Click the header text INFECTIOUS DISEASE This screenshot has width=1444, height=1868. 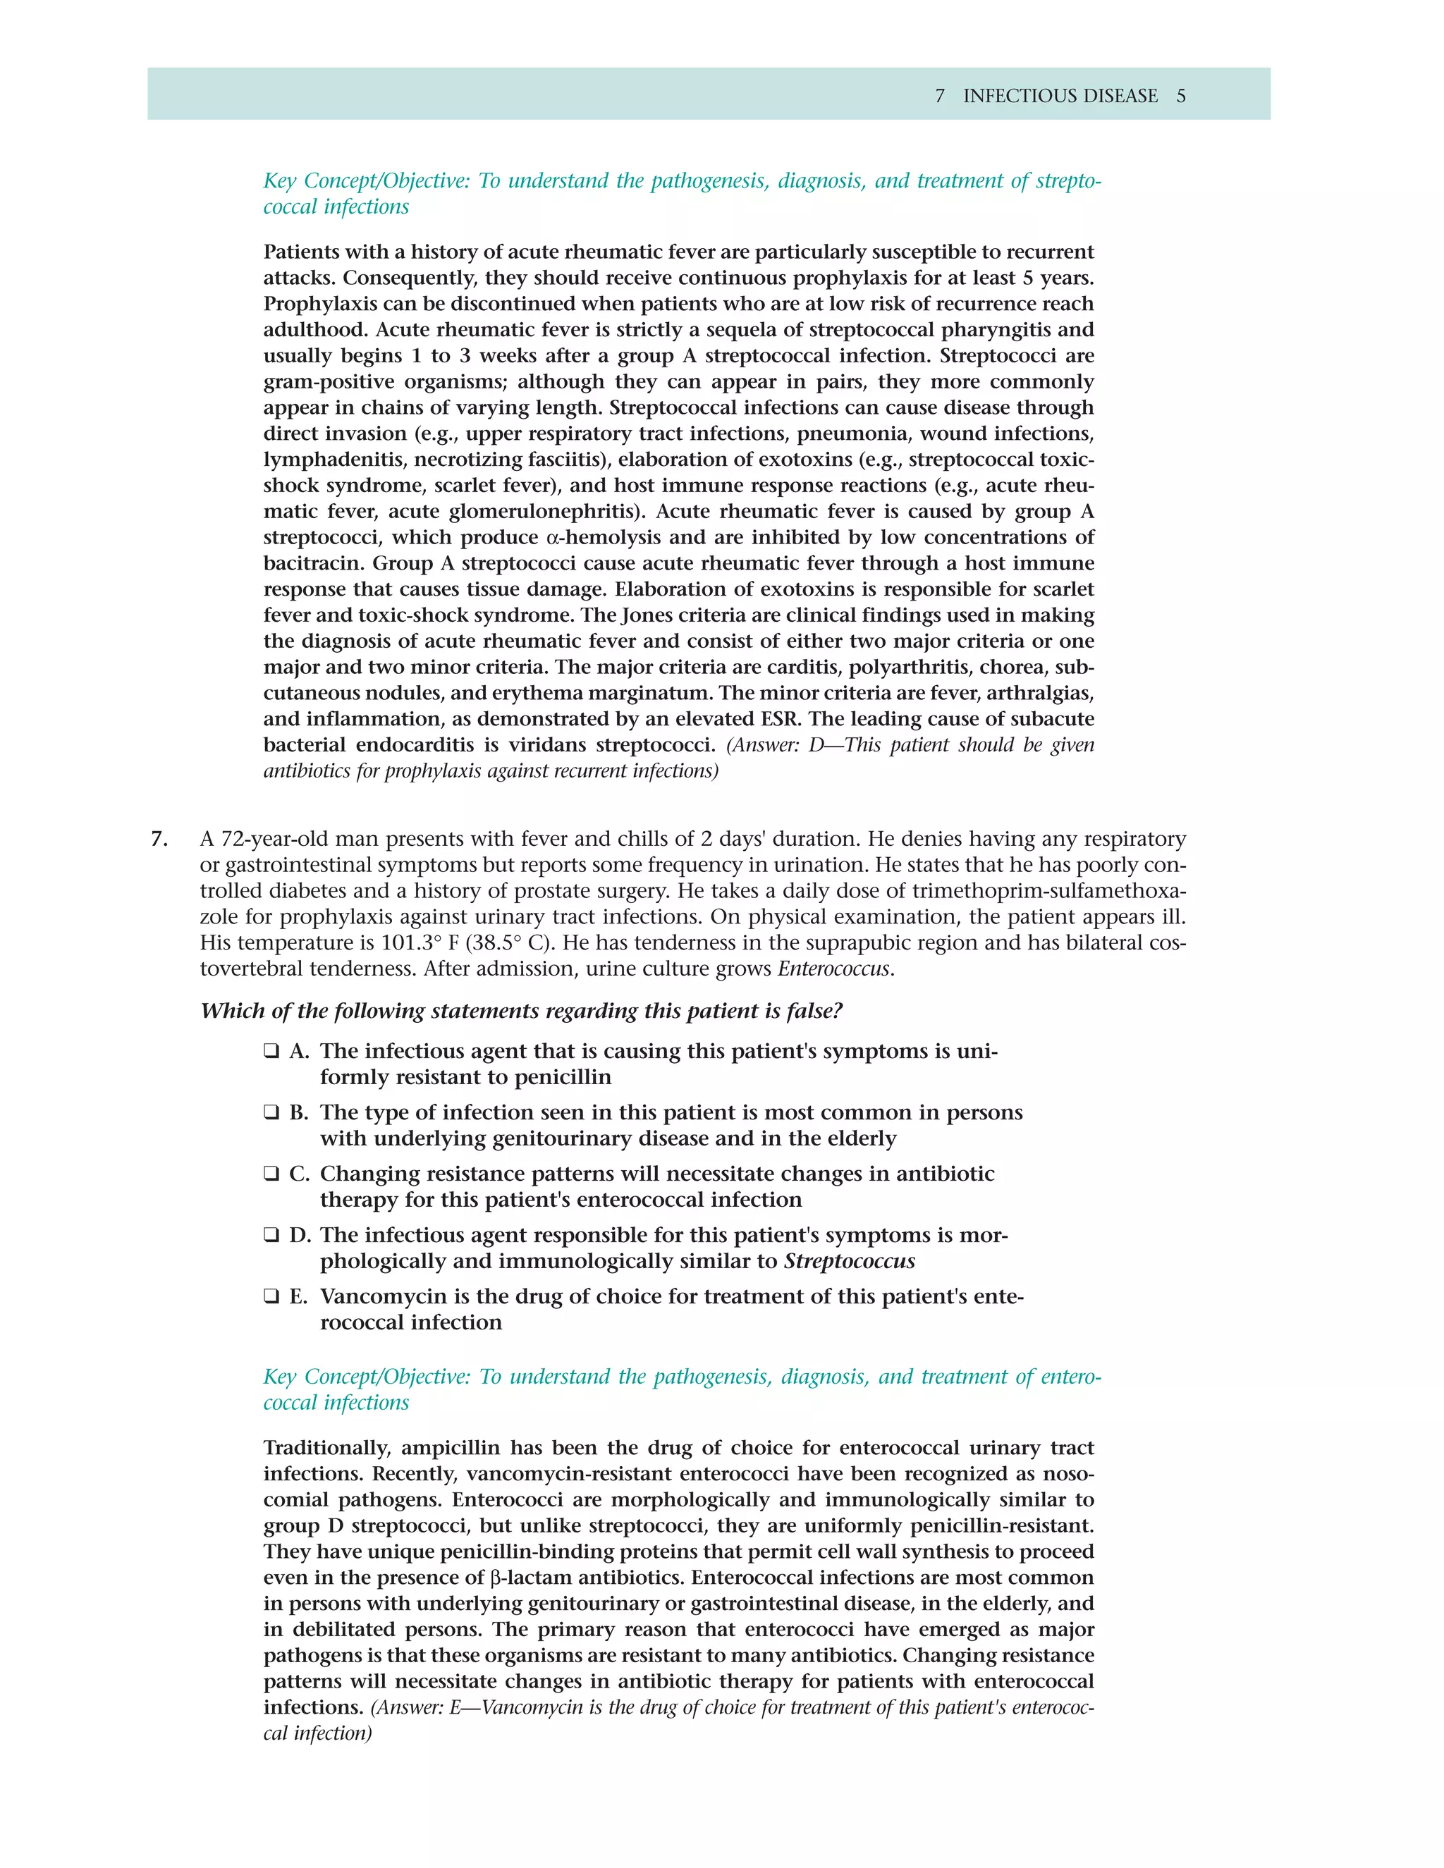(x=1060, y=96)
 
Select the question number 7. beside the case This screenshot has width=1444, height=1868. (x=159, y=839)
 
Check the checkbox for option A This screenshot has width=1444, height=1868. (x=271, y=1051)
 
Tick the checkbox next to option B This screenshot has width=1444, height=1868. (x=271, y=1113)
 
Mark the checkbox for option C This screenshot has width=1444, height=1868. (x=271, y=1174)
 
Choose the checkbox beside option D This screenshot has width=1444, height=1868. (x=271, y=1236)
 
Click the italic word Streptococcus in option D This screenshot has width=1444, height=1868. (x=850, y=1262)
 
